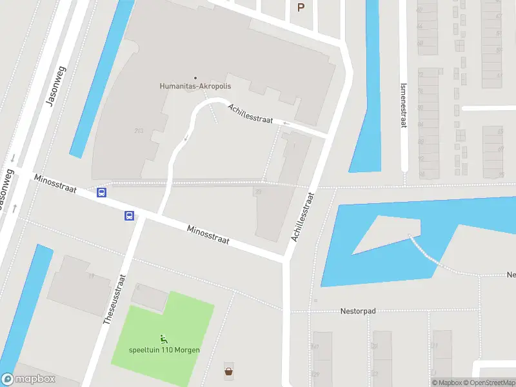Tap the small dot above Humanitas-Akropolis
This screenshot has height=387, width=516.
coord(195,78)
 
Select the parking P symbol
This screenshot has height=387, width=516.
coord(300,7)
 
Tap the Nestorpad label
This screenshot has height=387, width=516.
coord(358,311)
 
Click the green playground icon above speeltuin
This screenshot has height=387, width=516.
coord(164,338)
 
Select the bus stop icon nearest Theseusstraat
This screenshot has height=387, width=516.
coord(130,216)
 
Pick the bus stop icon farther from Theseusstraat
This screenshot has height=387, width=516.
coord(101,192)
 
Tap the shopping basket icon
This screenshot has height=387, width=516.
coord(228,371)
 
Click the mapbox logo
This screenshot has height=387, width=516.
coord(28,379)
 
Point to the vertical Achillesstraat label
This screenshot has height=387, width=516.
coord(302,217)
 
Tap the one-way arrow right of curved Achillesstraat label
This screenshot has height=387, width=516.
coord(286,123)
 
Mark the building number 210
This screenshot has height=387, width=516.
coord(138,131)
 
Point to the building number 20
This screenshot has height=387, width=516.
coord(257,191)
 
